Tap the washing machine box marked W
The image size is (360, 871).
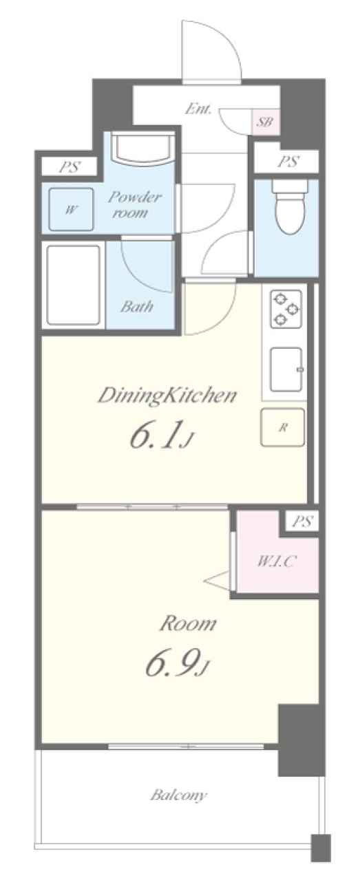click(x=70, y=210)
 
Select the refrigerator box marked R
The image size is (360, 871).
click(x=282, y=427)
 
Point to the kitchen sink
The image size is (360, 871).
click(x=286, y=369)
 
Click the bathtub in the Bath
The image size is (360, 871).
click(x=73, y=285)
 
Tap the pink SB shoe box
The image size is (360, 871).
click(x=265, y=122)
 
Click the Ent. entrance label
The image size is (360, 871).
click(x=198, y=109)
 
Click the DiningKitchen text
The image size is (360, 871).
click(x=167, y=396)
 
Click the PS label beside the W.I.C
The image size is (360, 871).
click(x=302, y=521)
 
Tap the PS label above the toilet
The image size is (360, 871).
click(x=288, y=161)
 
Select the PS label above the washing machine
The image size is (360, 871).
click(x=70, y=167)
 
